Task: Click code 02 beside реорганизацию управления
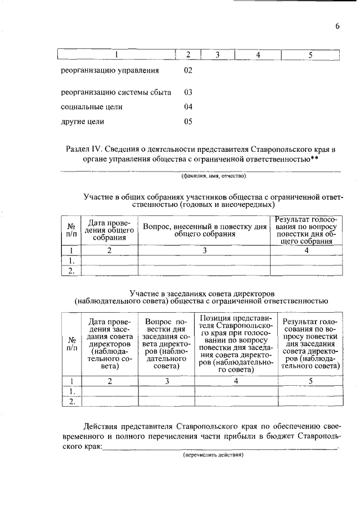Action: (x=188, y=71)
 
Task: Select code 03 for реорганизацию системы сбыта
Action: (x=188, y=92)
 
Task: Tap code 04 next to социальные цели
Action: (x=188, y=106)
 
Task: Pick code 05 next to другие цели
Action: (x=188, y=121)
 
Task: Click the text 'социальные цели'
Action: (x=92, y=106)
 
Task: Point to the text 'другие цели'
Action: (x=83, y=121)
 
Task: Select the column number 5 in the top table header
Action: (x=310, y=55)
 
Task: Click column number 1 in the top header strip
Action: (x=117, y=55)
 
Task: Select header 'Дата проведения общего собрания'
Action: (x=110, y=229)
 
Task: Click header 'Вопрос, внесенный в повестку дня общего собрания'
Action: (x=204, y=229)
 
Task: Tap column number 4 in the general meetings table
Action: (x=307, y=251)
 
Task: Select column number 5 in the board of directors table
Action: (x=310, y=381)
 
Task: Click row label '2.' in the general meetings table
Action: (x=71, y=271)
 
